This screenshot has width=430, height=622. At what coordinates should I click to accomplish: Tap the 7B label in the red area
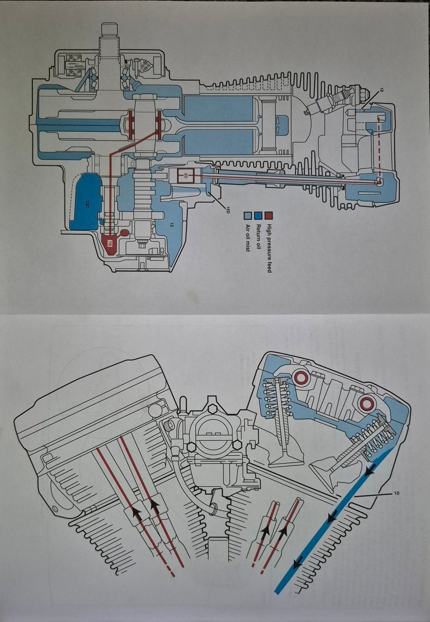click(109, 243)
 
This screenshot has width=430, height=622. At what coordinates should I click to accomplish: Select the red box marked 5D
click(185, 176)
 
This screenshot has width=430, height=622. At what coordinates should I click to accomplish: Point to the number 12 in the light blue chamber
click(171, 224)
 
